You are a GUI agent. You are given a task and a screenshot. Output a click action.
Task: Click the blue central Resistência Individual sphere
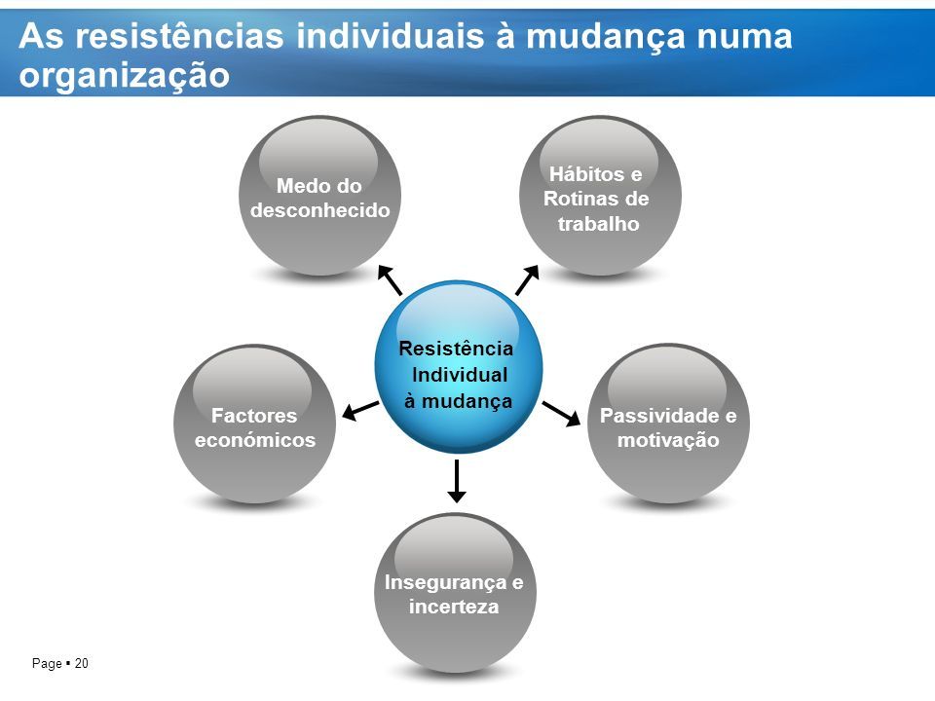(459, 367)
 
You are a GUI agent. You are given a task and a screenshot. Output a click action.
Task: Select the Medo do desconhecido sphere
(320, 196)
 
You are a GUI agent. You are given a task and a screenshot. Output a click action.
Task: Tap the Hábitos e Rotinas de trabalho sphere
(600, 196)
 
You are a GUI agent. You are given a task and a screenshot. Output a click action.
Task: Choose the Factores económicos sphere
(254, 424)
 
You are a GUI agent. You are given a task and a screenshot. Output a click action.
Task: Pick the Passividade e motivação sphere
(668, 424)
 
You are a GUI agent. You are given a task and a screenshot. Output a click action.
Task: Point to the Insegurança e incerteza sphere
(455, 592)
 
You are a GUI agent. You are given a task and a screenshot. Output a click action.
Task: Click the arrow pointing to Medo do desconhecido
(390, 280)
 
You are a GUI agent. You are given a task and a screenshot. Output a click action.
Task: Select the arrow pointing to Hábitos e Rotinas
(528, 279)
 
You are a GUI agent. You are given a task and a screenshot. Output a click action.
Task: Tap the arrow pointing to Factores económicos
(360, 411)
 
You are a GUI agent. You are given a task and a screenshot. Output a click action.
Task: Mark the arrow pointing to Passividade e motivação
(561, 414)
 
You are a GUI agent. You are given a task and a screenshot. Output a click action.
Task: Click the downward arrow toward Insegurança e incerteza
(457, 481)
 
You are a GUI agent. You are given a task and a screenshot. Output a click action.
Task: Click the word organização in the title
(124, 76)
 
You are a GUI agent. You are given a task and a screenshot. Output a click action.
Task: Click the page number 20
(82, 663)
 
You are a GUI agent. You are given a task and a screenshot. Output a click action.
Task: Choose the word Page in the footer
(47, 663)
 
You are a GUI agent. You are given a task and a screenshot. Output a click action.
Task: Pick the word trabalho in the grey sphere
(599, 224)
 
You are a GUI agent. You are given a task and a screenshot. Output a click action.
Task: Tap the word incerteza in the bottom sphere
(454, 607)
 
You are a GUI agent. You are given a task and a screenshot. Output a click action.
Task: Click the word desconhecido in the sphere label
(320, 210)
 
